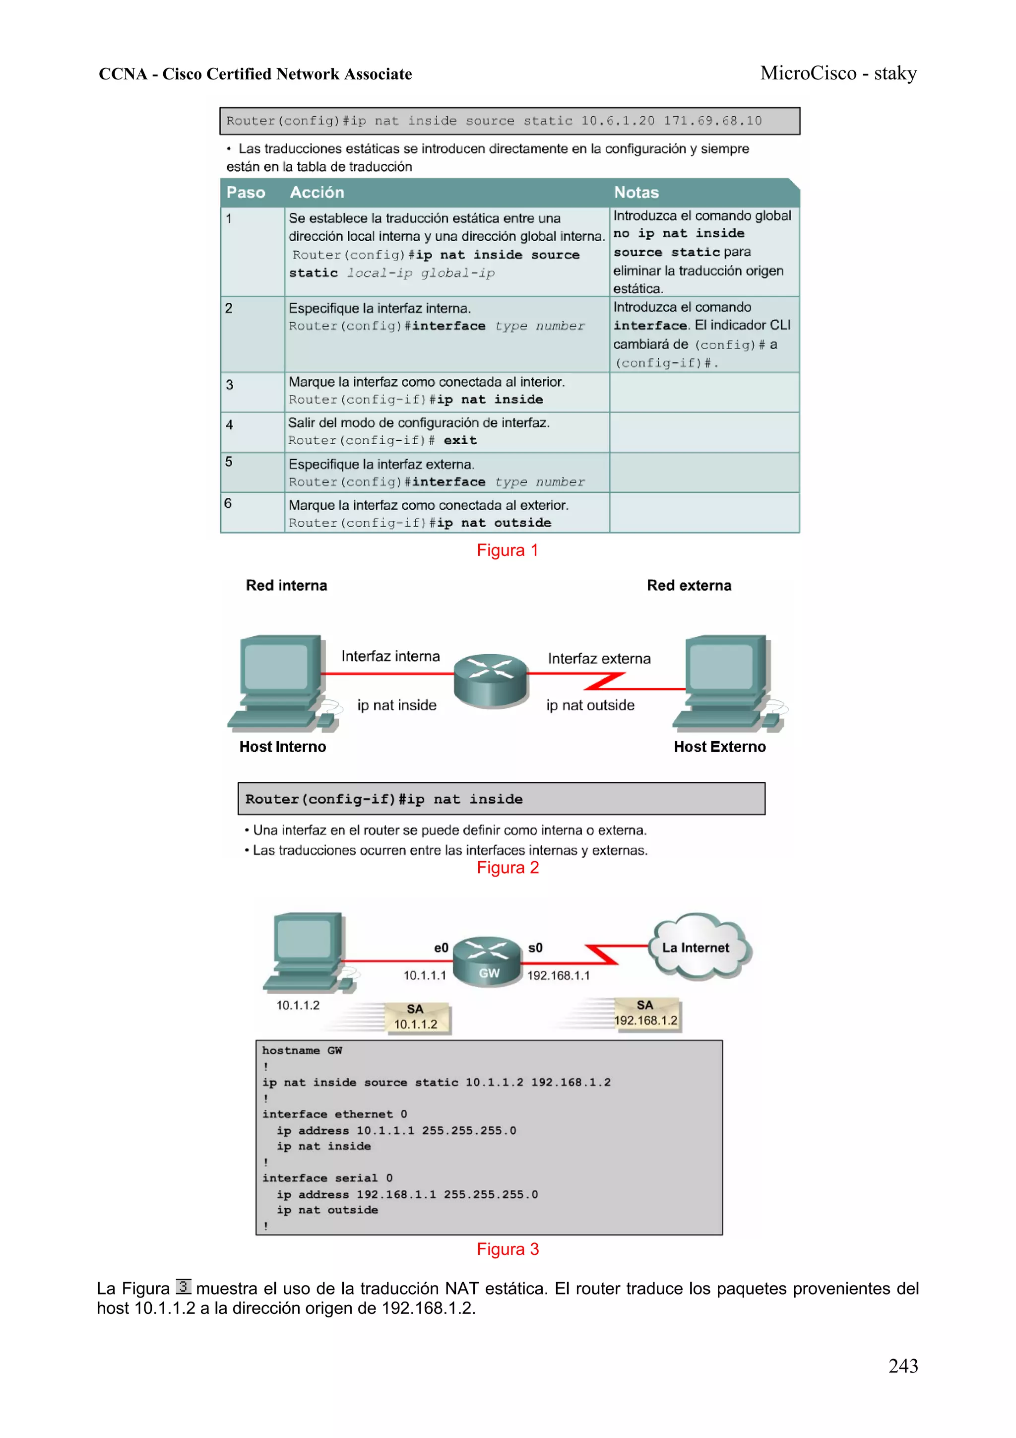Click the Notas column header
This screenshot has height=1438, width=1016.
click(636, 192)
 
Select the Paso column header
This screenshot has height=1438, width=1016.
click(246, 192)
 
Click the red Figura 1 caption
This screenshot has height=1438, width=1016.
click(507, 550)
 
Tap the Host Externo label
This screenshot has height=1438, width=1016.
click(719, 747)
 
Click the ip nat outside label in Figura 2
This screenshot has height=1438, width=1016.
click(590, 705)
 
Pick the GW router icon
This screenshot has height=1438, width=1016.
click(487, 961)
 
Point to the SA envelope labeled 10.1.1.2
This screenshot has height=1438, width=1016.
click(416, 1017)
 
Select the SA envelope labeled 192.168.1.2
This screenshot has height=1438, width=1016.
click(646, 1014)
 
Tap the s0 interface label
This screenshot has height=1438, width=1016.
click(535, 948)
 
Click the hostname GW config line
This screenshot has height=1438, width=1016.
click(302, 1050)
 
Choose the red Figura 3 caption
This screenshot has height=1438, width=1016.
click(507, 1249)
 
